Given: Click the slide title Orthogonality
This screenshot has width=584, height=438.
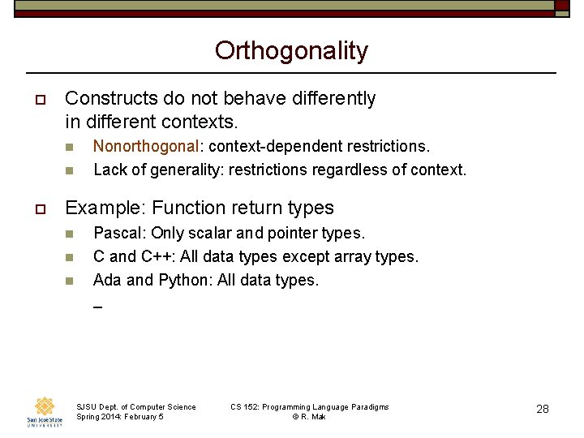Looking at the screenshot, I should (291, 51).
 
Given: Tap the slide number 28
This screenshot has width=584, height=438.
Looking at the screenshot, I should (543, 410).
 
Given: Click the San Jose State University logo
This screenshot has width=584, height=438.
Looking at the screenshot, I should (45, 411).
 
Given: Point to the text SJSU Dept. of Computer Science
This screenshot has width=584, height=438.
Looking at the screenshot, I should (135, 406).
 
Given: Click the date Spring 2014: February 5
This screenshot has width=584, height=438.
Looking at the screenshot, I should (119, 417).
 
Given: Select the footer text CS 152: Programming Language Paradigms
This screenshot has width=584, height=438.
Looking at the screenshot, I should (309, 406).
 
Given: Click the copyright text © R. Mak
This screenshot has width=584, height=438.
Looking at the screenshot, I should (309, 417).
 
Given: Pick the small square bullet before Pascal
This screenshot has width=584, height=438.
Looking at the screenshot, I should (70, 234).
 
